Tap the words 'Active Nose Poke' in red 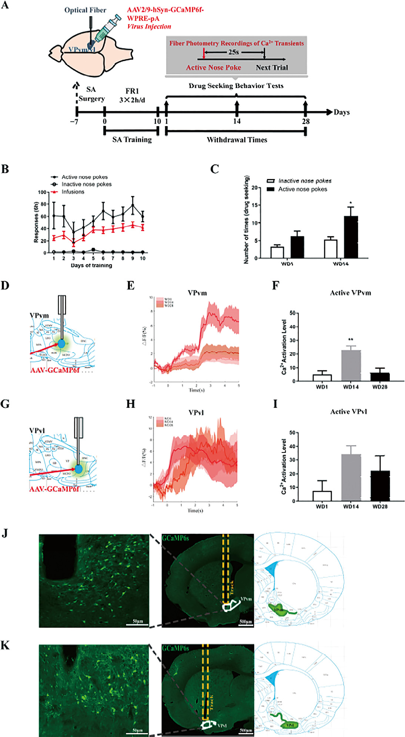tap(213, 67)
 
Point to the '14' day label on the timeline tap(237, 121)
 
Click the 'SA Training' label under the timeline tap(132, 139)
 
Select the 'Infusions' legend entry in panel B tap(73, 192)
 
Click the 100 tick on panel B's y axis tap(42, 192)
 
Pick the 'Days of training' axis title tap(91, 265)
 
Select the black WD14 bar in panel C tap(351, 237)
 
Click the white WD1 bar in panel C tap(277, 252)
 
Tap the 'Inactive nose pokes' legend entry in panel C tap(305, 181)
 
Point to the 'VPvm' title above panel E tap(197, 293)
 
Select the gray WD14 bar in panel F tap(351, 366)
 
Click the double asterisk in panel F tap(351, 340)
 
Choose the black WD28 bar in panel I tap(380, 486)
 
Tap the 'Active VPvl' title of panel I tap(348, 411)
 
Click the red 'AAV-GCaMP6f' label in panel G tap(54, 489)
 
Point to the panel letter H tap(130, 404)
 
